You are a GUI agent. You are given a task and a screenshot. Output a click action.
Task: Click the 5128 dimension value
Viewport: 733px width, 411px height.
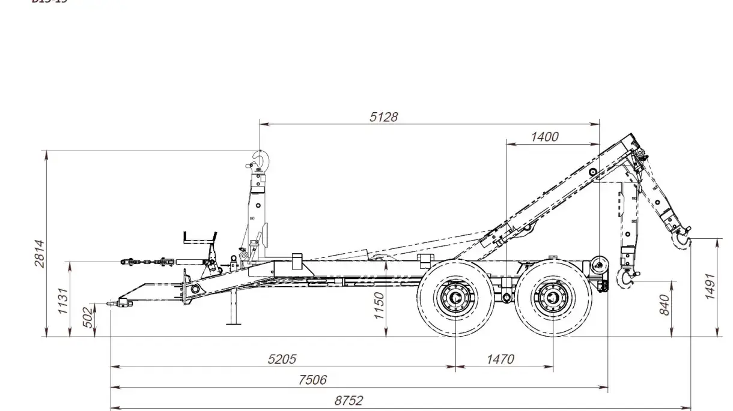click(x=383, y=117)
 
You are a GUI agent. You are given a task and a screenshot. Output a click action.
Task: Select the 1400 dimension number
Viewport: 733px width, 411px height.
click(x=544, y=137)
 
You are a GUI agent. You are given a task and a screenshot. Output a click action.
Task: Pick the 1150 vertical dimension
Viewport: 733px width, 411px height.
click(x=379, y=306)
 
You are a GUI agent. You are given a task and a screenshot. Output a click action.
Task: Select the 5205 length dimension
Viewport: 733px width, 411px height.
click(x=282, y=359)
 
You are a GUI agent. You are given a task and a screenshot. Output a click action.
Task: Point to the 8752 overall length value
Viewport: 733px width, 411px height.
click(x=348, y=401)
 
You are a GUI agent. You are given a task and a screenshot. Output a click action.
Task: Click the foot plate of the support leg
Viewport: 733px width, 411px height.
click(x=234, y=323)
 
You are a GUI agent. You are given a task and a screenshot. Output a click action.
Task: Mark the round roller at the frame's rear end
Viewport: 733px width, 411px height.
click(x=598, y=263)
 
